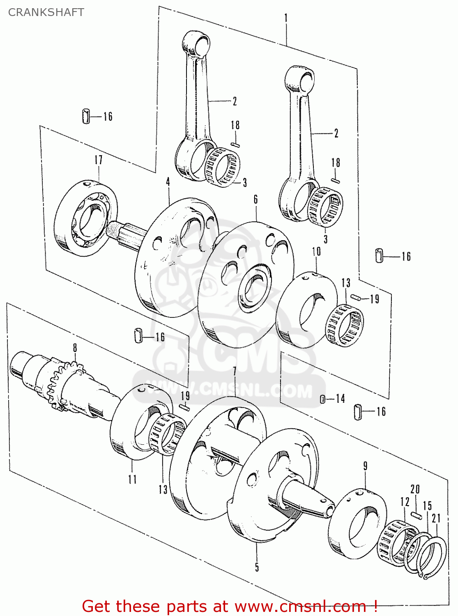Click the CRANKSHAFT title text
[46, 12]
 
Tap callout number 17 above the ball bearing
[99, 160]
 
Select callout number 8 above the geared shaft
[75, 348]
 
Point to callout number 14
[340, 399]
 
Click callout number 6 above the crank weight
[255, 200]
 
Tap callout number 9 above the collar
[365, 466]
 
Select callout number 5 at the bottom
[257, 567]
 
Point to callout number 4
[168, 182]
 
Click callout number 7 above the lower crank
[235, 372]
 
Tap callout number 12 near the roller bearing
[405, 502]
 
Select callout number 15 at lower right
[428, 506]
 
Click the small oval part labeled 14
[322, 399]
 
